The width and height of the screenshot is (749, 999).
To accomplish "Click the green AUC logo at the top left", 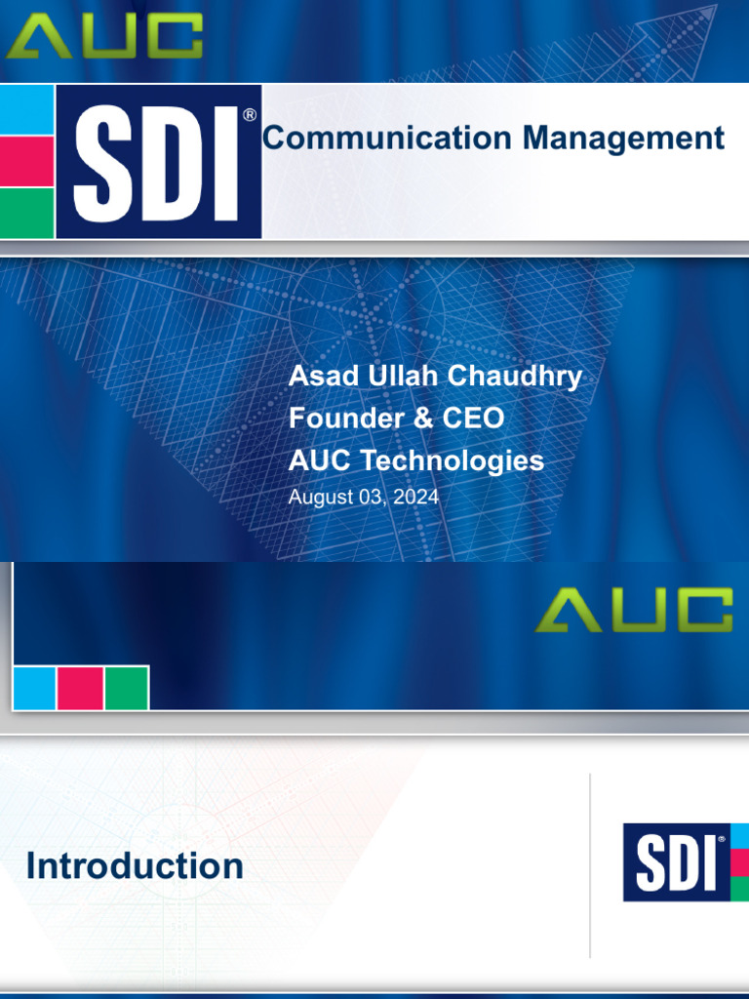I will (104, 36).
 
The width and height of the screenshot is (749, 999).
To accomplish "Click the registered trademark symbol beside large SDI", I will (250, 115).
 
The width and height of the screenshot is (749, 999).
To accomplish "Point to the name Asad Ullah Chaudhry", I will (435, 376).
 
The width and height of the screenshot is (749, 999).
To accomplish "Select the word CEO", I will (472, 419).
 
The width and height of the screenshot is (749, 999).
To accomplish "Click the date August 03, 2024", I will (363, 497).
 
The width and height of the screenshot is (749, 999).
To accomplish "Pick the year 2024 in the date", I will (417, 497).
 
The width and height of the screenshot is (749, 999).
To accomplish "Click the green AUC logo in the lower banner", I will (634, 610).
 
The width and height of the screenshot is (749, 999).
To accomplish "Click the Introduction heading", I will (135, 865).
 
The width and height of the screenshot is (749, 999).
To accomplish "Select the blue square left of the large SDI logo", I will (26, 108).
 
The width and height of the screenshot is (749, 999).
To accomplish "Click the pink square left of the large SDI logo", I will (26, 161).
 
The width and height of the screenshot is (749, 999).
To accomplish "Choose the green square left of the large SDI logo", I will (26, 213).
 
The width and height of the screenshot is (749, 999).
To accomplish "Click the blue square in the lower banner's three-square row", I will (35, 688).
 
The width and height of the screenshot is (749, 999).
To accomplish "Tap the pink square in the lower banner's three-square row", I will (80, 688).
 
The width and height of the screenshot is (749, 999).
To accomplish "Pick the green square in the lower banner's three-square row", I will (126, 688).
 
